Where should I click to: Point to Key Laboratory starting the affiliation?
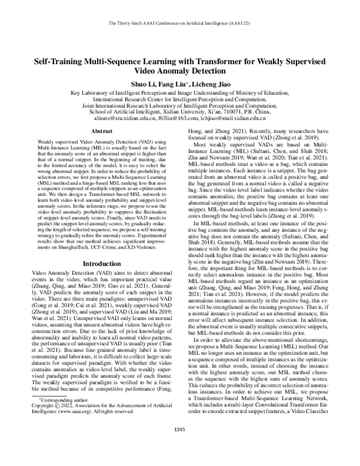(89, 92)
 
